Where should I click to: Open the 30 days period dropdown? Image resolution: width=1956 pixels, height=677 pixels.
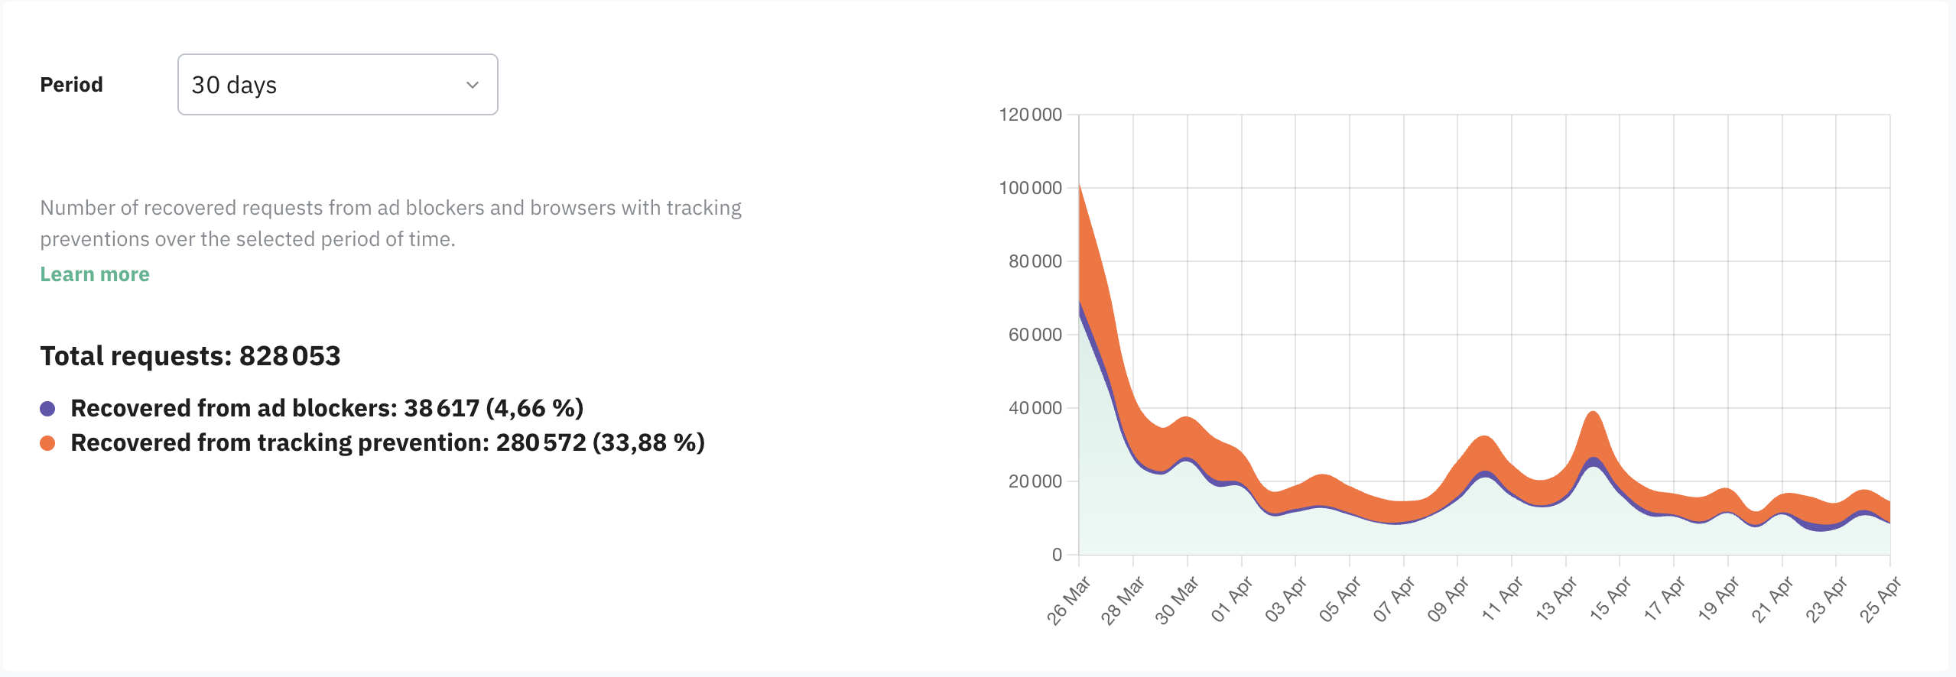click(336, 84)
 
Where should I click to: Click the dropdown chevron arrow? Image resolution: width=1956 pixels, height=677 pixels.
click(473, 85)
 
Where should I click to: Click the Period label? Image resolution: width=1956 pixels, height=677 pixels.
click(71, 85)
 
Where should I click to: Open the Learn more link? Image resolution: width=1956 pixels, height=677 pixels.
click(95, 274)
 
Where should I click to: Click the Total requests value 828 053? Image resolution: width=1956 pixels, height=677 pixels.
click(290, 356)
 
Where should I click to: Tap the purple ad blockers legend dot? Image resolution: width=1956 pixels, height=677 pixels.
click(47, 409)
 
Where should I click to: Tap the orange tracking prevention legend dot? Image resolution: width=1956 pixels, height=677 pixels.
click(47, 443)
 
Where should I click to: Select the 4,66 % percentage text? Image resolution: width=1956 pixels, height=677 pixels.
click(534, 409)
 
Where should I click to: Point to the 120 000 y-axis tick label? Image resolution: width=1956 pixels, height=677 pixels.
click(1030, 115)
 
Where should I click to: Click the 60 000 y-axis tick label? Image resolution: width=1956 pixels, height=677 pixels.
click(1035, 335)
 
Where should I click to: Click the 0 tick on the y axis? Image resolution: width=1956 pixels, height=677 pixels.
click(1057, 555)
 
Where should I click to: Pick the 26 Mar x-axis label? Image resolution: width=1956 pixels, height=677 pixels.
click(1068, 601)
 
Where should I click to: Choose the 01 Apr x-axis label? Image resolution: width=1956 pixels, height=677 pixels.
click(1231, 600)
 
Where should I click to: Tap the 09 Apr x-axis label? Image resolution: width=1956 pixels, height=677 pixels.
click(1448, 600)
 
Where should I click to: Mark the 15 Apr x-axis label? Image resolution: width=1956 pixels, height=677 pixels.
click(1610, 600)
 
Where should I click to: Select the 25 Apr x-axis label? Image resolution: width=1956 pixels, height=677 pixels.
click(1880, 601)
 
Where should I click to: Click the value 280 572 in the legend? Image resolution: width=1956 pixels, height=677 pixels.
click(541, 443)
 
